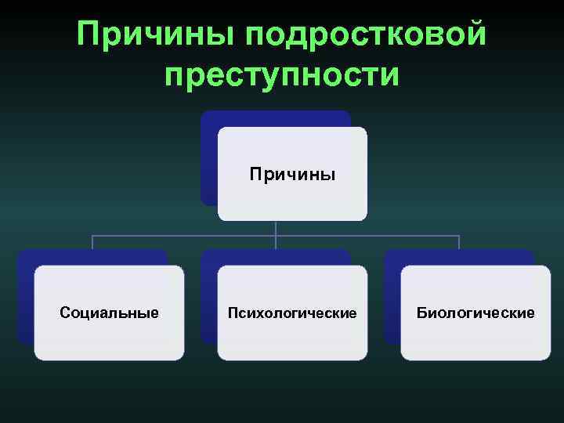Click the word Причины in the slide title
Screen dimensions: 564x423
154,34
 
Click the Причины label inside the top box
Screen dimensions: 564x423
292,173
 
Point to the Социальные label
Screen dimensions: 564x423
109,313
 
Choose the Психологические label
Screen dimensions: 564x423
292,313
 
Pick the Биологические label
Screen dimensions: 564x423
475,313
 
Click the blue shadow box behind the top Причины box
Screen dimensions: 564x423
208,157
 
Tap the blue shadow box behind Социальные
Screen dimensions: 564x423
26,298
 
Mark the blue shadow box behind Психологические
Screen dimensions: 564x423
209,298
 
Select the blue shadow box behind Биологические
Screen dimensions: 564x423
392,298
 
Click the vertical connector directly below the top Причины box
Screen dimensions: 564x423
276,227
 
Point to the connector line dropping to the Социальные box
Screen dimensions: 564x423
92,242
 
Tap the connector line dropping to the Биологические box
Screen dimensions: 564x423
459,242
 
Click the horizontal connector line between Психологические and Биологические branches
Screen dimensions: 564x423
368,235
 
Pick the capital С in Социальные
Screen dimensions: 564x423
64,313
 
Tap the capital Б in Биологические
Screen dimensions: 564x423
421,313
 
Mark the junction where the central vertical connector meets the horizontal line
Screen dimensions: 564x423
276,235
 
